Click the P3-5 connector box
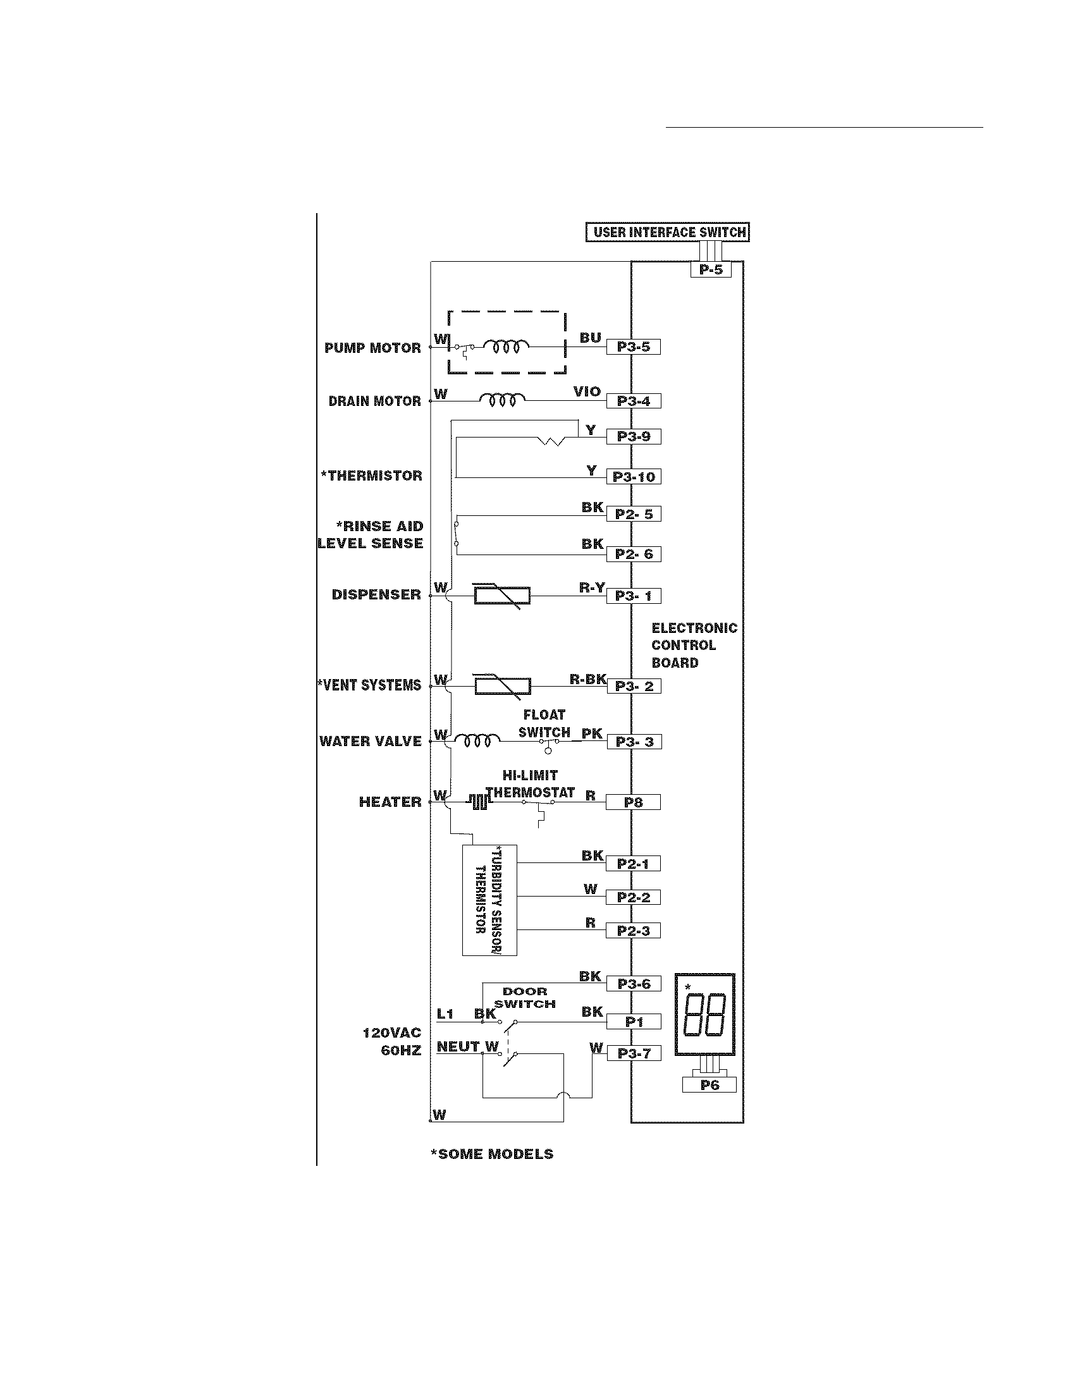click(633, 347)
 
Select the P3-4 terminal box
click(633, 401)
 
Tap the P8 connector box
click(633, 802)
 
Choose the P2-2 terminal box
click(633, 897)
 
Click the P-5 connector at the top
click(711, 269)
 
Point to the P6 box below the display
click(709, 1084)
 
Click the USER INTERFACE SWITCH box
click(667, 233)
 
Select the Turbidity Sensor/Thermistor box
click(489, 900)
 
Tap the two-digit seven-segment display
click(704, 1015)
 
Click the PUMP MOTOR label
click(372, 348)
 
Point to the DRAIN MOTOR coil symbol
click(503, 400)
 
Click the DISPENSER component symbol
click(503, 597)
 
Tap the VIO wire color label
click(587, 392)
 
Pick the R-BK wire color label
click(587, 680)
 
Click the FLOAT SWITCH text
click(544, 723)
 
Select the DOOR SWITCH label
click(525, 997)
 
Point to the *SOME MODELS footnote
click(492, 1154)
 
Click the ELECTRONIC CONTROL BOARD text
click(694, 645)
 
